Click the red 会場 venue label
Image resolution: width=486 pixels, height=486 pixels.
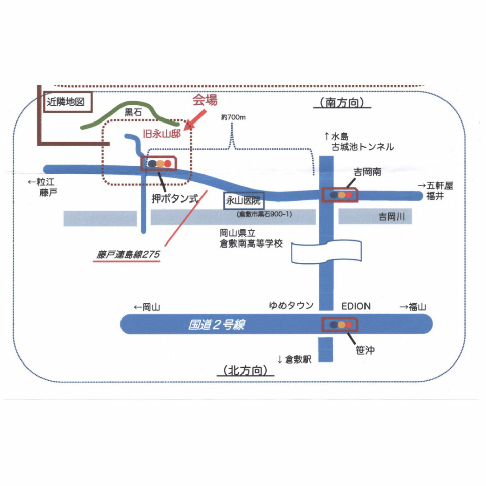(205, 100)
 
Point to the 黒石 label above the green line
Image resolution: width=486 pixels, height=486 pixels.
(133, 113)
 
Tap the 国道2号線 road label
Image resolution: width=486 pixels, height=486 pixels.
(216, 325)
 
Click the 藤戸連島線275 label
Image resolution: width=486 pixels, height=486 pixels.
(128, 255)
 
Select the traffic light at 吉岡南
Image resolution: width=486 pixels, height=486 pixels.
(341, 195)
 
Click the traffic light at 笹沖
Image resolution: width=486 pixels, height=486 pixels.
(340, 324)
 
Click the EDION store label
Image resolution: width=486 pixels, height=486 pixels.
(355, 306)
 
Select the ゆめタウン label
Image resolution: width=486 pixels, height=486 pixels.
(291, 306)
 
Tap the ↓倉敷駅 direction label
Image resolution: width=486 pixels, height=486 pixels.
(294, 360)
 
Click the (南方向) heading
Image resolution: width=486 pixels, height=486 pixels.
(342, 103)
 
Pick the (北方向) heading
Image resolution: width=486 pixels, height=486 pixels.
(245, 371)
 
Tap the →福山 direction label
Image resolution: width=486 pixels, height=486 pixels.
(413, 306)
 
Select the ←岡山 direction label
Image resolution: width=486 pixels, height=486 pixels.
(147, 306)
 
